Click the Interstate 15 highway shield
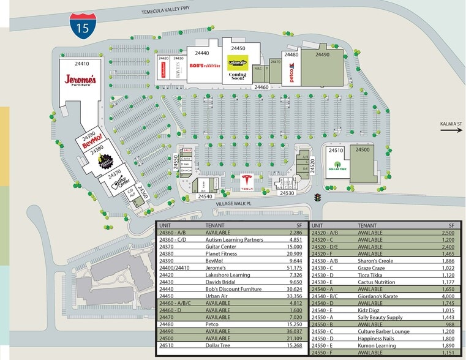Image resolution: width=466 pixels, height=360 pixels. click(x=79, y=25)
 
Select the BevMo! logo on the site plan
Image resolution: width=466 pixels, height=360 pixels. click(x=91, y=138)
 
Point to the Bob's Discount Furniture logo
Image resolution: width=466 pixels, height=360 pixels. click(x=205, y=65)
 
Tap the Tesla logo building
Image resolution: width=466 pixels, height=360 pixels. click(x=247, y=182)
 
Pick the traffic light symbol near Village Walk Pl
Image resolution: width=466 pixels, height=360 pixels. click(x=317, y=198)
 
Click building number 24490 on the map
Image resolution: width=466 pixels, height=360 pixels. click(x=323, y=54)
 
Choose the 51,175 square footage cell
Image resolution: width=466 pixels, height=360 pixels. click(x=294, y=268)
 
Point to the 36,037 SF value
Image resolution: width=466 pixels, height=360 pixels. click(x=295, y=331)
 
